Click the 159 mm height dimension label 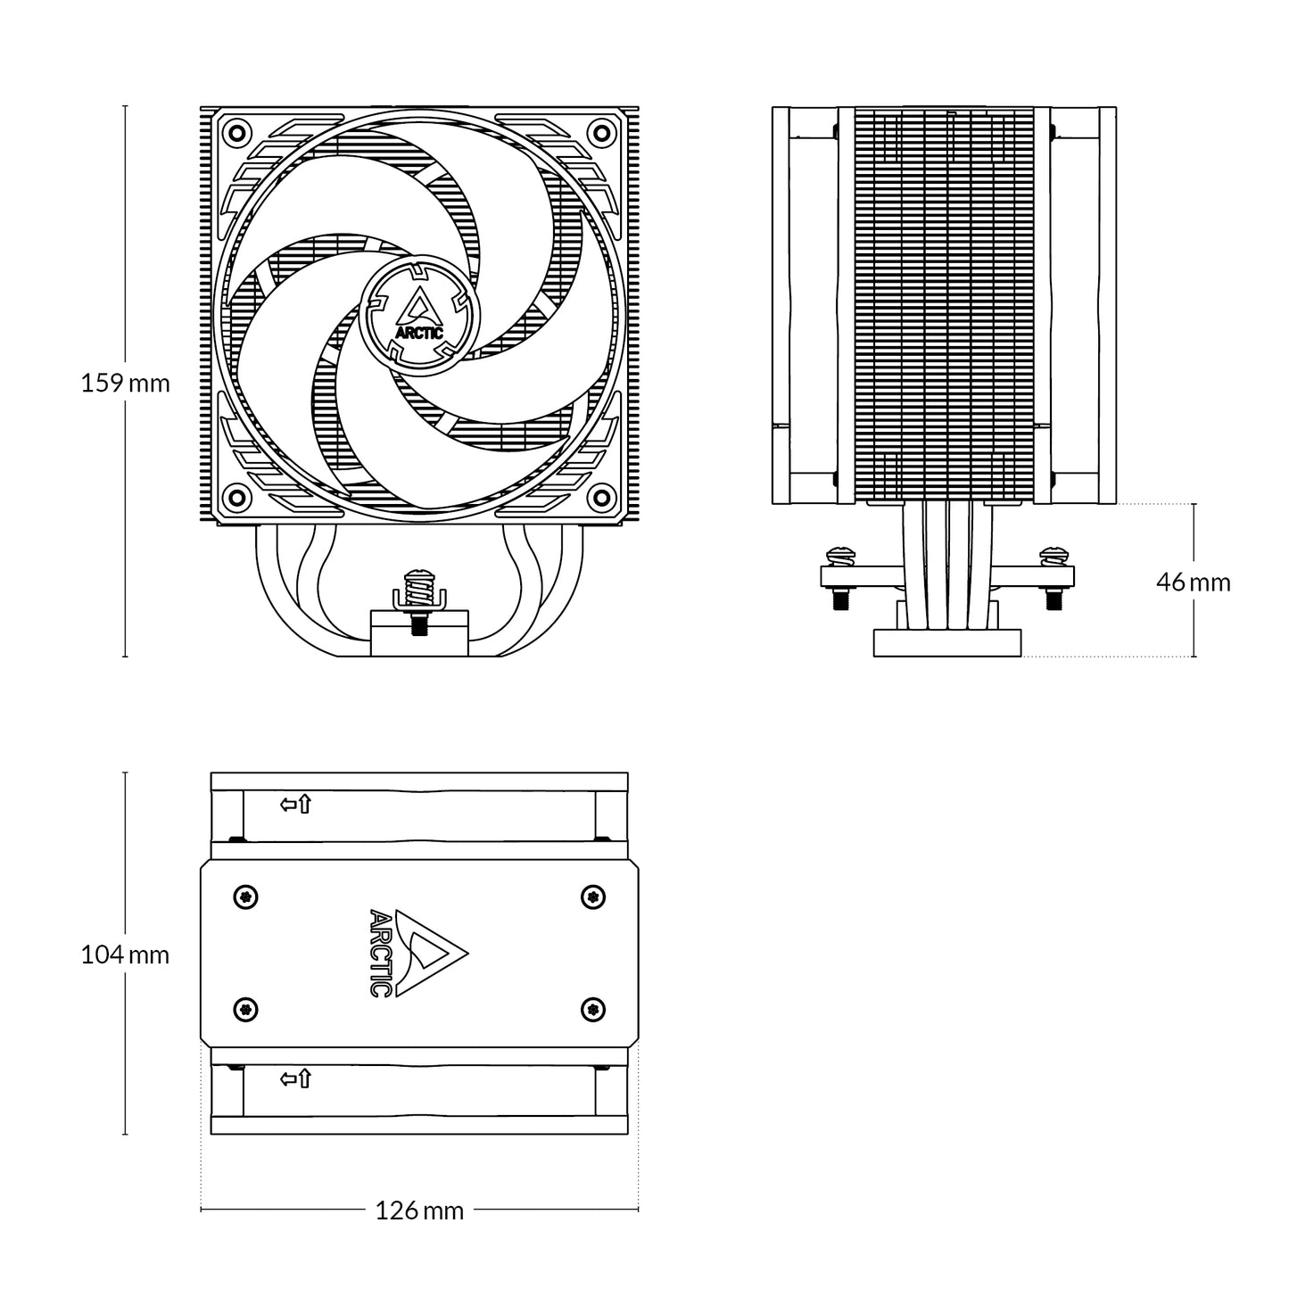[125, 384]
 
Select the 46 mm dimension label [1193, 583]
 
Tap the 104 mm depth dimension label [125, 955]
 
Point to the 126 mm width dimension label [419, 1211]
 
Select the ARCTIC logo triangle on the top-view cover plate [431, 953]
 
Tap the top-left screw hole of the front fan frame [236, 132]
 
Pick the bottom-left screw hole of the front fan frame [236, 496]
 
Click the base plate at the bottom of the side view [947, 642]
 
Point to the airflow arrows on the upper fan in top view [296, 805]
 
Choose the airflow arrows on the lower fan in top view [296, 1078]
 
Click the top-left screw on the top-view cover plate [246, 896]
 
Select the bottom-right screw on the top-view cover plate [592, 1009]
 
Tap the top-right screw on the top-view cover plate [592, 896]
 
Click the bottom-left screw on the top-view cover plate [246, 1009]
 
